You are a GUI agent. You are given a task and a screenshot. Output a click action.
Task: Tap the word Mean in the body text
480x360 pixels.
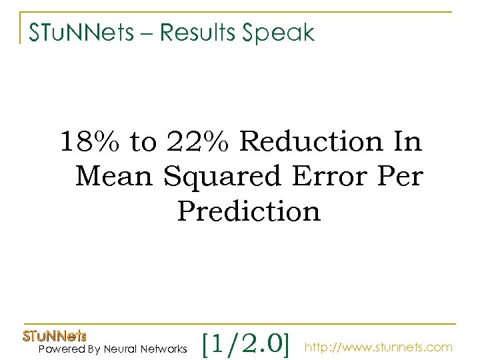[x=115, y=177]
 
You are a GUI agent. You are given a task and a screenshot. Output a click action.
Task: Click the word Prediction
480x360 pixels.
[x=249, y=212]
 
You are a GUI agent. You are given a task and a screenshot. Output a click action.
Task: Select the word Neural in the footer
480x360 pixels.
[x=121, y=349]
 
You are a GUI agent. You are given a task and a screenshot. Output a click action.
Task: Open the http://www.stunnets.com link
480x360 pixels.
[x=378, y=347]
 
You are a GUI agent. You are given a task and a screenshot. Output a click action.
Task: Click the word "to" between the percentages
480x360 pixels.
[x=142, y=142]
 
